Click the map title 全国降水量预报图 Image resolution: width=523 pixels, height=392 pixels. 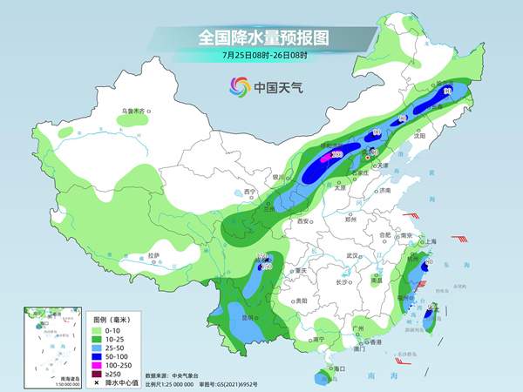pyautogui.click(x=261, y=38)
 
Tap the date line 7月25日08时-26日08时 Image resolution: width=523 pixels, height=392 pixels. pyautogui.click(x=261, y=57)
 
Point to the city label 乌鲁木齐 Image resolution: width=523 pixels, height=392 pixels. pyautogui.click(x=136, y=112)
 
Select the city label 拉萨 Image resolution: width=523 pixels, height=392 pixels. pyautogui.click(x=154, y=255)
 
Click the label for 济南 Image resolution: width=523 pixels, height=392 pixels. pyautogui.click(x=386, y=191)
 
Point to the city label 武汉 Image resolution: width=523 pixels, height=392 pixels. pyautogui.click(x=352, y=255)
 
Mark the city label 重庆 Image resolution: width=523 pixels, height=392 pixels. pyautogui.click(x=302, y=271)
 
